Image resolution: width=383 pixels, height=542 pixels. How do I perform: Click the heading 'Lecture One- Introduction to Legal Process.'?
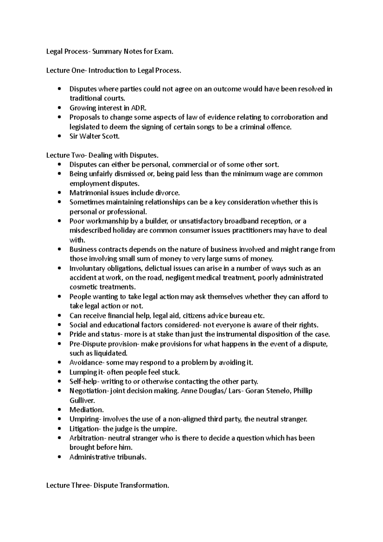coord(113,71)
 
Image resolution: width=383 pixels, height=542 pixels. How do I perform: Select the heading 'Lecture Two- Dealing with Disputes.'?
coord(102,155)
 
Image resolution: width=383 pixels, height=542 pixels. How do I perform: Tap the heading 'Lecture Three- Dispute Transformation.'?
coord(108,486)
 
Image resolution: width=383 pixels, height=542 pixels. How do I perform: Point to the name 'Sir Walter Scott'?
coord(94,136)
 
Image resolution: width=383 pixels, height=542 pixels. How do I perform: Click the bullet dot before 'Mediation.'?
coord(59,410)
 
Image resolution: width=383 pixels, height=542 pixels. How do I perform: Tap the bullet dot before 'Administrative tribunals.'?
coord(59,457)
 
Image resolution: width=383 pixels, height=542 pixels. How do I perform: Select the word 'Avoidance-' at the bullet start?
coord(87,363)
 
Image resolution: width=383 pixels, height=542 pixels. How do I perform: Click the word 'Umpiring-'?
coord(86,419)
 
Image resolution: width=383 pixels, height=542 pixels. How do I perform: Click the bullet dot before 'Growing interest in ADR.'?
coord(59,108)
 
